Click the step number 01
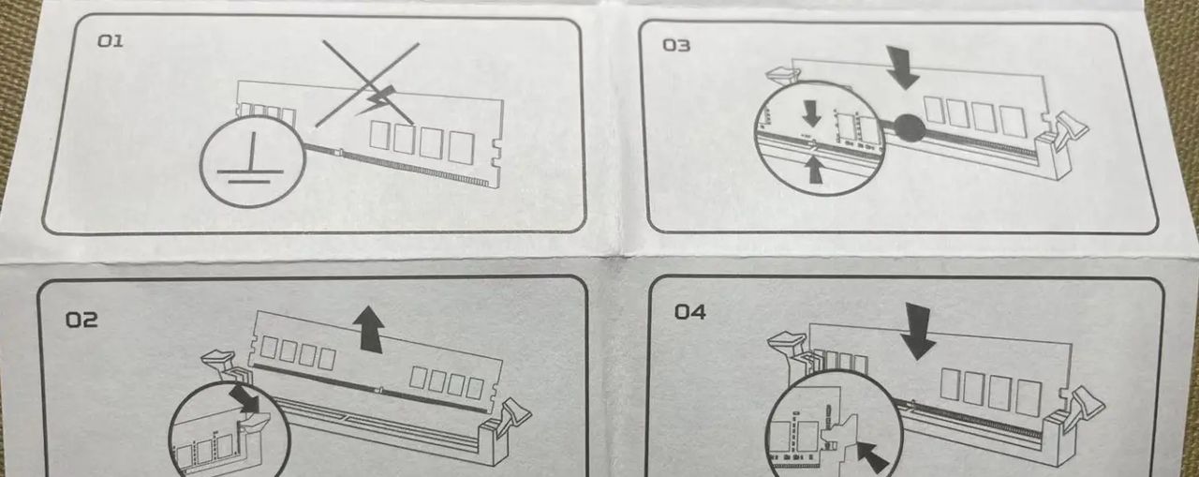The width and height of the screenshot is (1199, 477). click(111, 41)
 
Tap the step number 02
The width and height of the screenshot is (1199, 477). click(81, 320)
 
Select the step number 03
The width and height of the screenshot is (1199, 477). click(676, 46)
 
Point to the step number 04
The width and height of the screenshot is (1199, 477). click(690, 311)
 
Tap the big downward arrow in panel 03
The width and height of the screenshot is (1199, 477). click(901, 67)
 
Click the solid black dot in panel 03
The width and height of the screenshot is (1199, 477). click(910, 128)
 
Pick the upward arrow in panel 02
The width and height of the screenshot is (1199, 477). click(368, 329)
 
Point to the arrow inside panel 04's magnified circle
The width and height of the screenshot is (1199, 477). click(872, 456)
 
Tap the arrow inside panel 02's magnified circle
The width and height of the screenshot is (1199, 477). click(244, 400)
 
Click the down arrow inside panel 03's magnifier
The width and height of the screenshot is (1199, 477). click(812, 114)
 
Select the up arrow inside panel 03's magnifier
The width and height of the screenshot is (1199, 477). click(814, 169)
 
